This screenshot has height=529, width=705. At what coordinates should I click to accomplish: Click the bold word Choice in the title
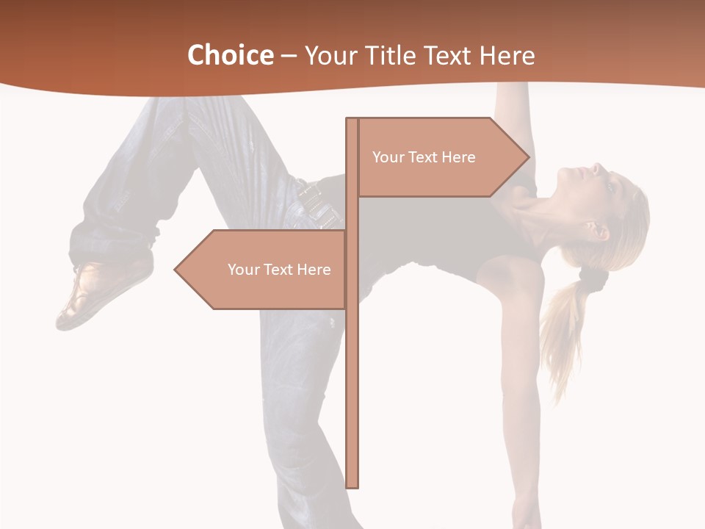(x=230, y=55)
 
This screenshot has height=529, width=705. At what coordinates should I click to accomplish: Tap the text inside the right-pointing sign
(x=424, y=157)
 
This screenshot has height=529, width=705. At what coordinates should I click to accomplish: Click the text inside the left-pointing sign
(x=279, y=270)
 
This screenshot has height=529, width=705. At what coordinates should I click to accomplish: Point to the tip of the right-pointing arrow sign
(x=528, y=156)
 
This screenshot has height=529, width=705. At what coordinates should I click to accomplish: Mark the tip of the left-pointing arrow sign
(x=176, y=270)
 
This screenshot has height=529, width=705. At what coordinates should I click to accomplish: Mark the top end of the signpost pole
(x=352, y=120)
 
